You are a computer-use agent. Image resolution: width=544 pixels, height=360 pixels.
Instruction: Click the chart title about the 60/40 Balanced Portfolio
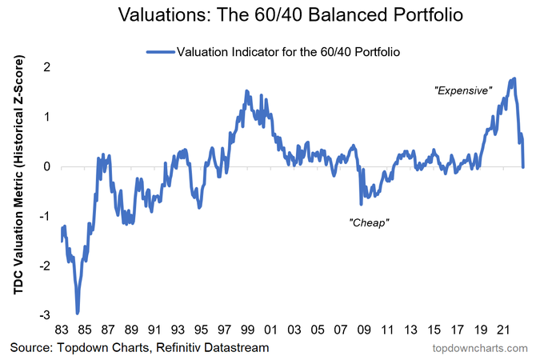point(271,15)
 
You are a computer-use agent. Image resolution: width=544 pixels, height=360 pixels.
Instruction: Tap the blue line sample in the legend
point(161,51)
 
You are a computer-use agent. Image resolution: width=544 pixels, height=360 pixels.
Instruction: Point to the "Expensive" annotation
point(462,91)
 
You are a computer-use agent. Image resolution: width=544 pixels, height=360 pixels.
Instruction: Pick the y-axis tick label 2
point(47,67)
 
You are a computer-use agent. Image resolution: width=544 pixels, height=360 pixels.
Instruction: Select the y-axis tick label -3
point(46,315)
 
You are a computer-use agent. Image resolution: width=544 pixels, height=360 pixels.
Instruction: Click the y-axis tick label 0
point(47,166)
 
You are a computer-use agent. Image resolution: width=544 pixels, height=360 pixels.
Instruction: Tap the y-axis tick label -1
point(46,216)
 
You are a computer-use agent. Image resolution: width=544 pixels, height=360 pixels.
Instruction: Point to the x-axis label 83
point(62,330)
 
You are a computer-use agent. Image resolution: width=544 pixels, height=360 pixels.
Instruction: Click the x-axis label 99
point(249,330)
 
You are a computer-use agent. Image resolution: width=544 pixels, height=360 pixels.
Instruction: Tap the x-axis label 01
point(272,330)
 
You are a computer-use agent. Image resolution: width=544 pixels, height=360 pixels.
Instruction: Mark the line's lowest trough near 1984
point(78,312)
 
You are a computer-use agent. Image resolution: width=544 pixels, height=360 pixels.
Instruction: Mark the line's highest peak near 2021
point(514,78)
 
